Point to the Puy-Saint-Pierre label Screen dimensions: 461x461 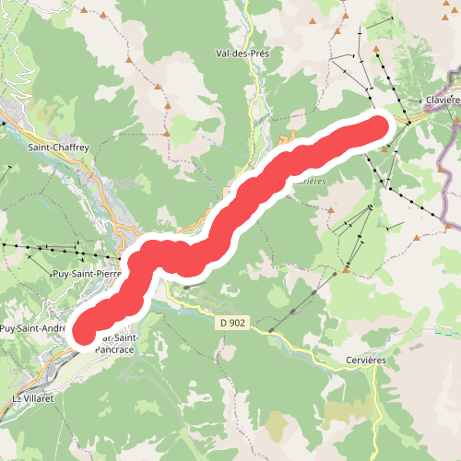[87, 273]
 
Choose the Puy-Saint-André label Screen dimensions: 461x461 [32, 327]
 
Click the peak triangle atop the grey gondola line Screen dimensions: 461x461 [345, 270]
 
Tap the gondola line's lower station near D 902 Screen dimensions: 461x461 [271, 329]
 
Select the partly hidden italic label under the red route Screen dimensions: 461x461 [312, 182]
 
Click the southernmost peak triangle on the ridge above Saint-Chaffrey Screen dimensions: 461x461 [163, 87]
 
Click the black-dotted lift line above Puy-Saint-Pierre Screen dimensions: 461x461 [55, 249]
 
